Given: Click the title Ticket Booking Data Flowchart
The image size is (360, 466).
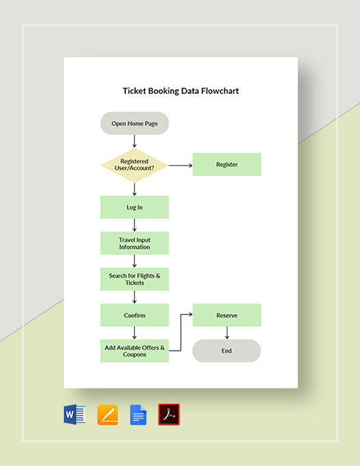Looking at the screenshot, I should point(180,92).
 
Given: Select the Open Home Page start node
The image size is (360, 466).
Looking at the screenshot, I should point(135,123).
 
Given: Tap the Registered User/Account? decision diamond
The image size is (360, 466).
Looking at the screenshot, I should point(134,164).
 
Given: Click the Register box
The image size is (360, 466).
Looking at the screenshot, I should point(227,164).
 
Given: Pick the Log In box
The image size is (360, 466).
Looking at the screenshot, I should point(134,207).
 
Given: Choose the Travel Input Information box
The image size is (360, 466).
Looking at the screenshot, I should point(134,243).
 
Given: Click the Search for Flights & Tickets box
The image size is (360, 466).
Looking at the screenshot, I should point(134,279).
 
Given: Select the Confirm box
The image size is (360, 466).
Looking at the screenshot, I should point(134,315).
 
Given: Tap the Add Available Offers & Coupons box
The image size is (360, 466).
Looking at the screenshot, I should point(134,351).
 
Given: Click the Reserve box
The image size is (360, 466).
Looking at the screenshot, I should point(227,315).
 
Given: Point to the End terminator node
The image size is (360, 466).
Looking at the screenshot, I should point(227,351).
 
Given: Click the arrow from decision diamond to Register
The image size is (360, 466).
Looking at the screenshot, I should point(180,164).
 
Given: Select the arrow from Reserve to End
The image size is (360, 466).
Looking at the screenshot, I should point(227,333).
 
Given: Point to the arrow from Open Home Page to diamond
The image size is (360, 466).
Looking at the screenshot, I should point(134,141).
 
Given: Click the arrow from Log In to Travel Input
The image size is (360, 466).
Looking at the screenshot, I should point(134,225).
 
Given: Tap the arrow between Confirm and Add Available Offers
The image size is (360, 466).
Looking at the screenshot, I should point(134,333).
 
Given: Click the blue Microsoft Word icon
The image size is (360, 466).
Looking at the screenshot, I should point(74,414).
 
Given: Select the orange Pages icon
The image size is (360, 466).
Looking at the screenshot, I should point(107,414).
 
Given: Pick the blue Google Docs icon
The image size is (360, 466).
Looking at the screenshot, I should point(138,414).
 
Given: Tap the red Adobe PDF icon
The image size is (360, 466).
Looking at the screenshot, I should point(169,414).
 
